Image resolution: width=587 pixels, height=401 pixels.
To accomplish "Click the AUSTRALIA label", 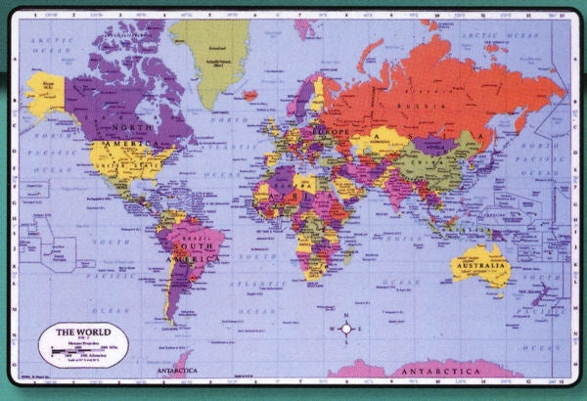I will [x=480, y=266].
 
